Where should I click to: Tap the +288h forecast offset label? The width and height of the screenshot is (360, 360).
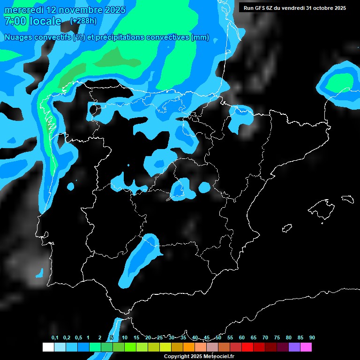83,21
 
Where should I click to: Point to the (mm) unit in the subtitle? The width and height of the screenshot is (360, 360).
200,38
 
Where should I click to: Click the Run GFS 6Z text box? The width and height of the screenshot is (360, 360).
294,8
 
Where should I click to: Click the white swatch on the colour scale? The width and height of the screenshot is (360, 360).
48,347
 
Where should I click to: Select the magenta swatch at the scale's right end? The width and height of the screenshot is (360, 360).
306,347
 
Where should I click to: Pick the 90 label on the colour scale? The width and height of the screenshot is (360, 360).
312,337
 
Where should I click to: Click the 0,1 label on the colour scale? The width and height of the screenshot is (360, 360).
55,337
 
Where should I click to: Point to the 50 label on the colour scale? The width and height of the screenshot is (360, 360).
218,337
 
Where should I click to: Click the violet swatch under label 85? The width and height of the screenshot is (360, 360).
294,347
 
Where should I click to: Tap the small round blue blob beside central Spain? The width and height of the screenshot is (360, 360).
204,187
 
